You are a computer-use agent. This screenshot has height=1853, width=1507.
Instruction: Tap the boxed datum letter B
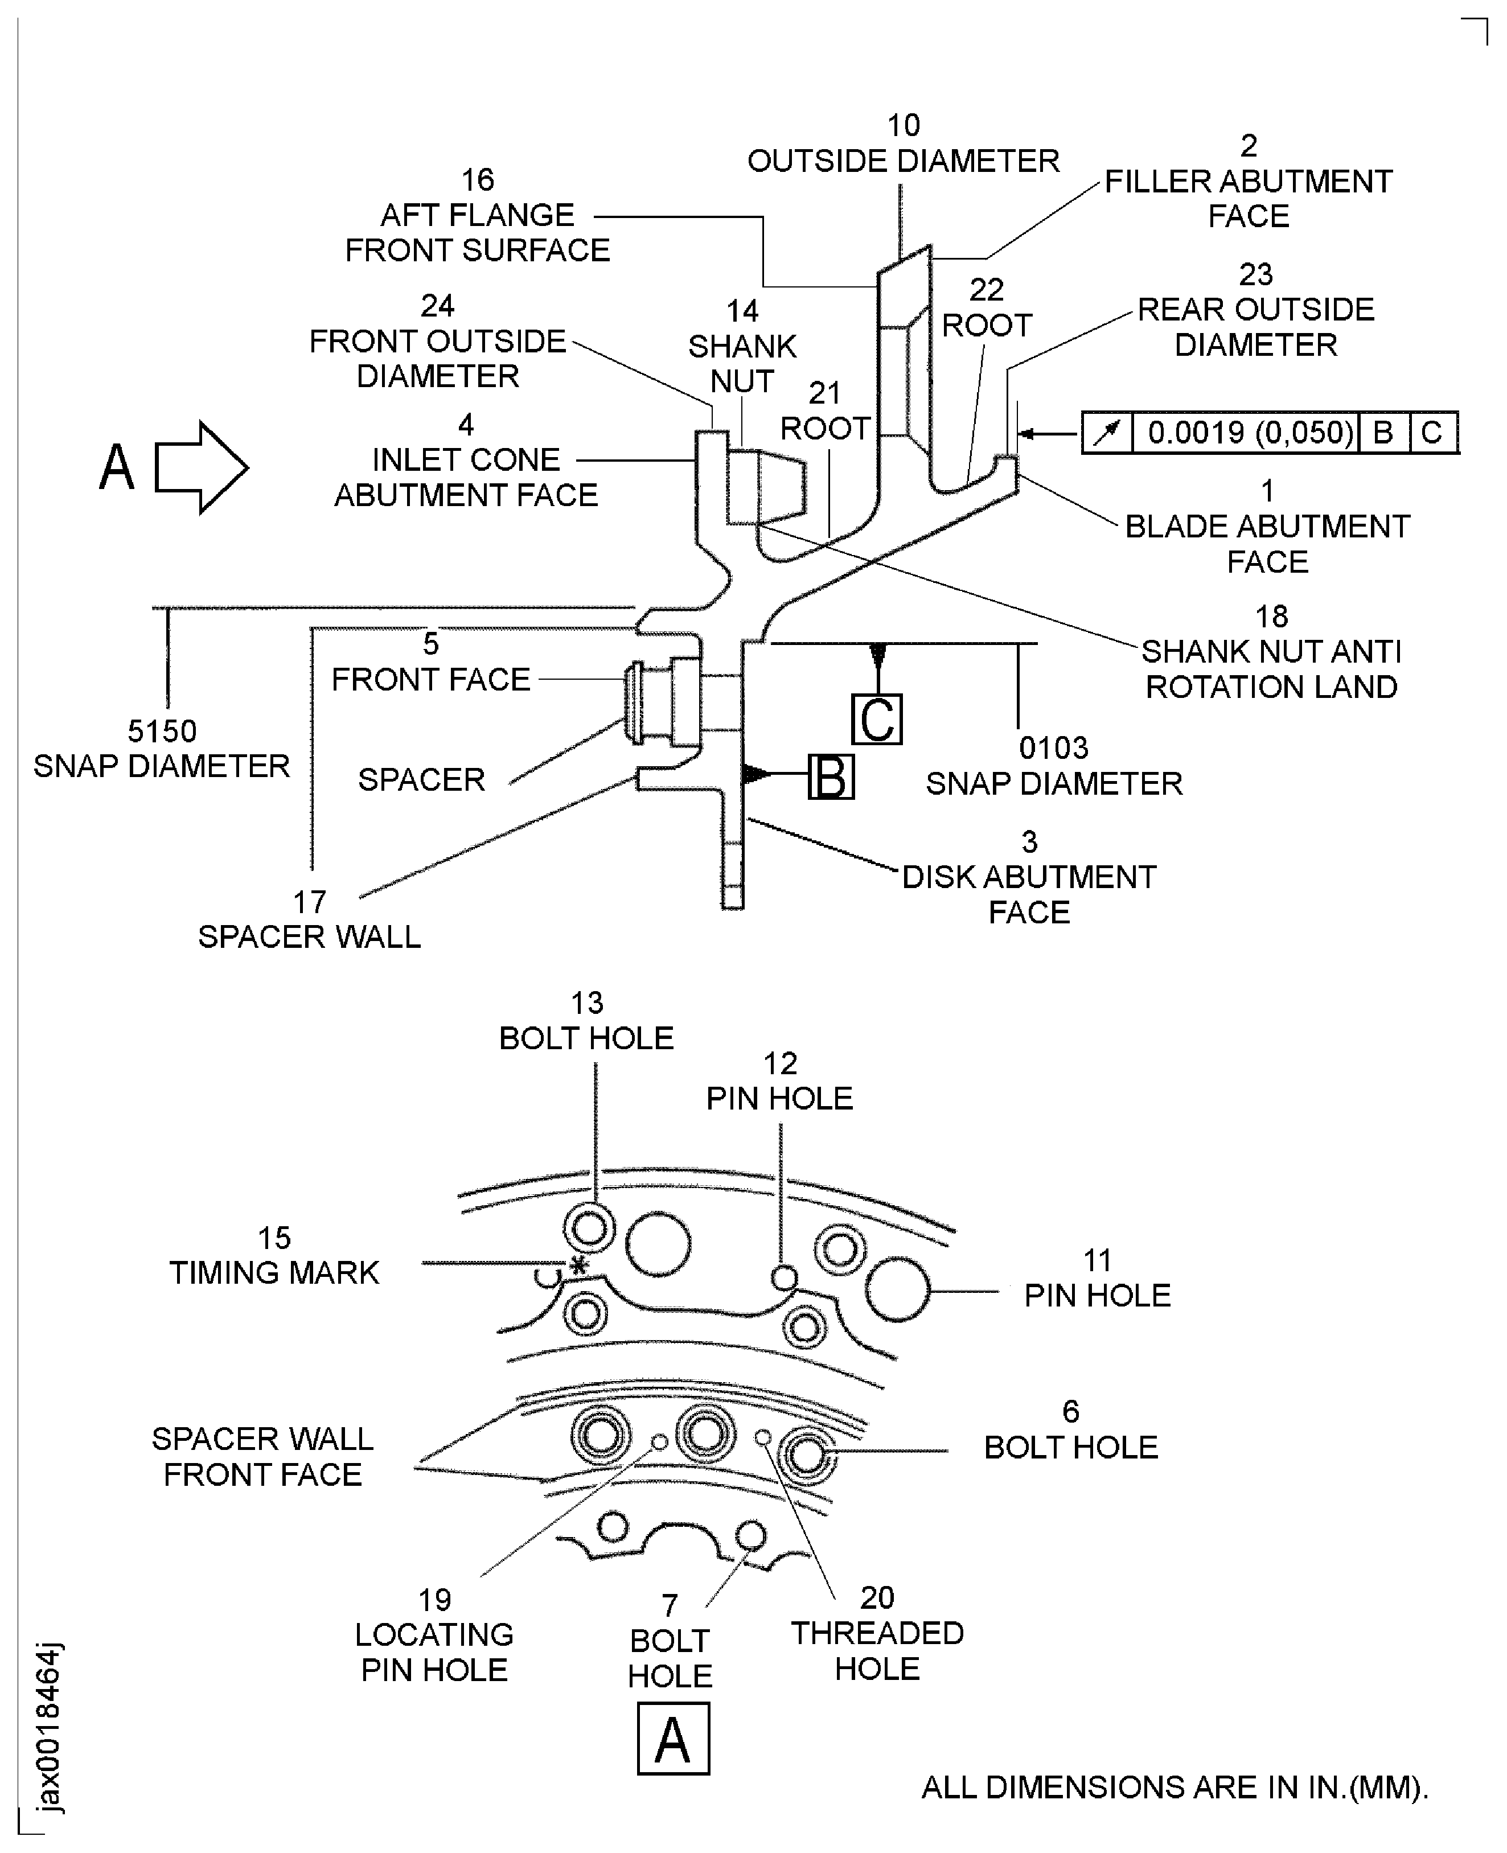click(x=831, y=776)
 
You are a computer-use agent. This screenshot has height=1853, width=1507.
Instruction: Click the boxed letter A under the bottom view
click(x=673, y=1739)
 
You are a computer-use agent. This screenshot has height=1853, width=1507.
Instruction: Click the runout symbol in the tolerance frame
click(x=1107, y=432)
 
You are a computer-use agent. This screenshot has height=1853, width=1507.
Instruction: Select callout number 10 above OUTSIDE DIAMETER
click(x=903, y=126)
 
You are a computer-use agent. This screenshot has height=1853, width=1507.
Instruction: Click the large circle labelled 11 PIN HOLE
click(x=897, y=1290)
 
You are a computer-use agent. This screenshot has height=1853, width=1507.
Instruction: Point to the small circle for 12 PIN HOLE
click(x=784, y=1277)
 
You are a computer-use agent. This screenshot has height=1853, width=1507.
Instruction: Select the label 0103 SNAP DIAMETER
click(x=1053, y=766)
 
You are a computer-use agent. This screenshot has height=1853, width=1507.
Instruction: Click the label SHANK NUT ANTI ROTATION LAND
click(x=1271, y=669)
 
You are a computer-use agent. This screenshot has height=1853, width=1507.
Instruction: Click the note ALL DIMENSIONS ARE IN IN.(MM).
click(x=1173, y=1787)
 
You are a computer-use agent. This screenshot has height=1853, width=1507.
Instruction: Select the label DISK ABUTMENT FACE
click(x=1029, y=895)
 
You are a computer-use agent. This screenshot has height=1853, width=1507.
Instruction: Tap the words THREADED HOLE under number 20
click(x=877, y=1651)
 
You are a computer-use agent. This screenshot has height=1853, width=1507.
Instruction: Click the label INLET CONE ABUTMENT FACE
click(x=466, y=478)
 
